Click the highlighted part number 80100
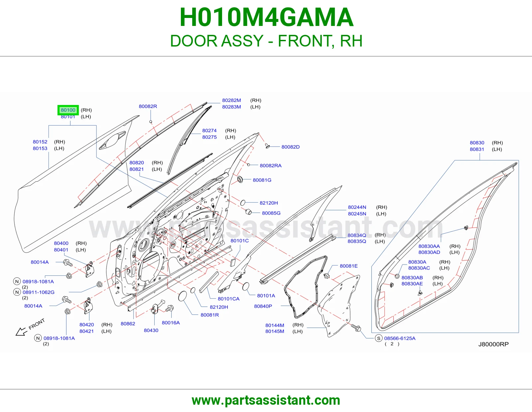tap(68, 110)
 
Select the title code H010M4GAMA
tap(266, 17)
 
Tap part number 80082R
tap(148, 106)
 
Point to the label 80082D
tap(290, 147)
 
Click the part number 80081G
tap(262, 180)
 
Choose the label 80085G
tap(271, 213)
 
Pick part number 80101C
tap(239, 241)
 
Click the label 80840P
tap(263, 306)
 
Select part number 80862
tap(128, 324)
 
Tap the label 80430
tap(151, 330)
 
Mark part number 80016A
tap(171, 323)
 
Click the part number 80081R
tap(209, 315)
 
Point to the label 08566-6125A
tap(400, 338)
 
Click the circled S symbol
tap(378, 338)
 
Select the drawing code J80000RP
tap(493, 344)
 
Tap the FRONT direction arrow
tap(21, 332)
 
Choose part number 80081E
tap(349, 266)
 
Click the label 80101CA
tap(228, 299)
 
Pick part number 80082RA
tap(271, 166)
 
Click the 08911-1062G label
tap(39, 292)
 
